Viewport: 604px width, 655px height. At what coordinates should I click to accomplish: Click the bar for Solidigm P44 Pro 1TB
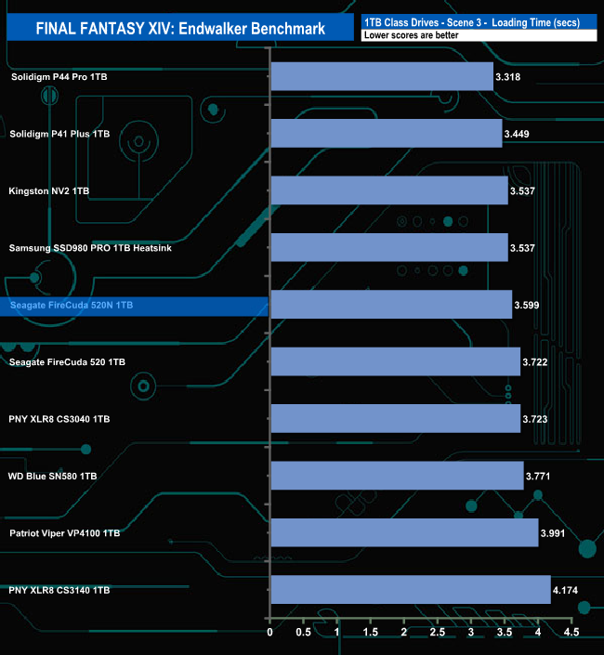[x=381, y=76]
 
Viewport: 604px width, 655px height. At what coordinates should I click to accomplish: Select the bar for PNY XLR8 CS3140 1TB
[x=410, y=590]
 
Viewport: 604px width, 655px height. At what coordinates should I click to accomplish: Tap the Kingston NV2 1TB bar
[x=388, y=190]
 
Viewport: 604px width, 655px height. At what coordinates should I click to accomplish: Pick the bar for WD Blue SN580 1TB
[x=397, y=476]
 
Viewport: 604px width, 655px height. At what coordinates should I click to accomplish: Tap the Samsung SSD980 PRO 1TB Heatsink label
[x=90, y=248]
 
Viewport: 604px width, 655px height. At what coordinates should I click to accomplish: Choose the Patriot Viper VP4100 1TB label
[x=64, y=533]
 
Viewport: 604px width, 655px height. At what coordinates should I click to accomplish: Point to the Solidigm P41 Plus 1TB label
[x=59, y=134]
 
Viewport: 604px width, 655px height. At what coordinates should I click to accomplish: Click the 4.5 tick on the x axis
[x=571, y=634]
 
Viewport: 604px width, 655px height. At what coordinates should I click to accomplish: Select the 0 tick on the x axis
[x=269, y=634]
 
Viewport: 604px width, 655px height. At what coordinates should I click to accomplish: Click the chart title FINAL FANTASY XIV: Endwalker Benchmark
[x=180, y=28]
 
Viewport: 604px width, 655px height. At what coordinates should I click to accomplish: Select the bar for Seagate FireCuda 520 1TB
[x=395, y=361]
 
